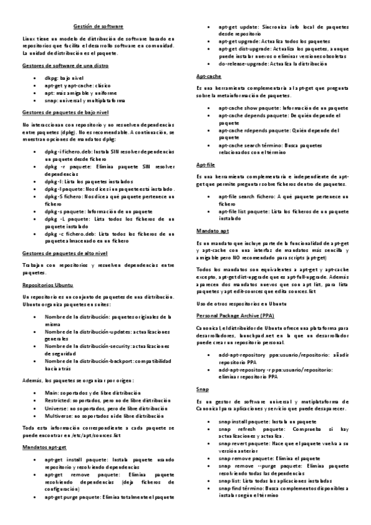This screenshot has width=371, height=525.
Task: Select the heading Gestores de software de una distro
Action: (66, 65)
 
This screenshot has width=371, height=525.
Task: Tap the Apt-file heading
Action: (206, 165)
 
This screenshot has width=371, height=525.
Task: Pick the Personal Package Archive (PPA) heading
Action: (232, 315)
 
